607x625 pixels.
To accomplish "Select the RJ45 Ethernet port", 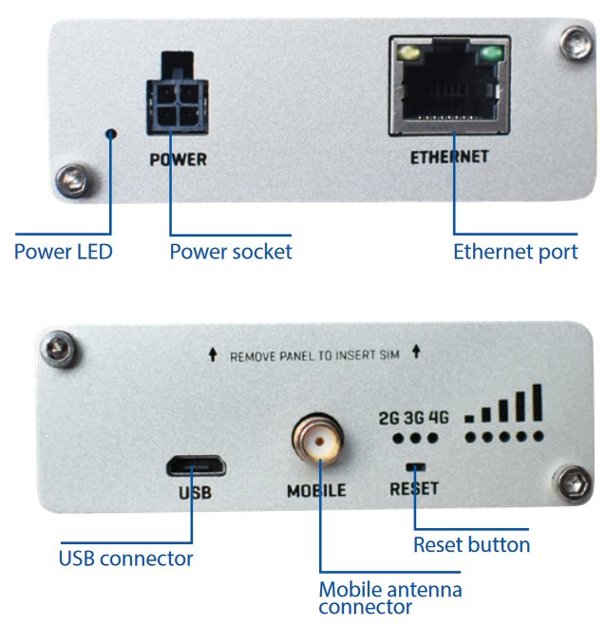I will [449, 93].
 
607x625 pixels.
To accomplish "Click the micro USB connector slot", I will [193, 466].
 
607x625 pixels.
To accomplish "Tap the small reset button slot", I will [415, 466].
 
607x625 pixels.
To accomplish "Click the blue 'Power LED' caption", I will [63, 252].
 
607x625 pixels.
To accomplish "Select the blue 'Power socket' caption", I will [231, 252].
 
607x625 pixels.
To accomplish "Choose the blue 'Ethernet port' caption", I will [515, 252].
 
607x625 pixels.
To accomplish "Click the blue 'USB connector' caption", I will [126, 558].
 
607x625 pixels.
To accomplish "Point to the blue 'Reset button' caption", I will [471, 544].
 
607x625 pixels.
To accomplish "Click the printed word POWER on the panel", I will [178, 160].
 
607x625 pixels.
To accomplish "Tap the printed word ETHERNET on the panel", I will [449, 156].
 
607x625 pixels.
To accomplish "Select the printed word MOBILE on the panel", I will [316, 492].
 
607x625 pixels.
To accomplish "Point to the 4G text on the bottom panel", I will [438, 418].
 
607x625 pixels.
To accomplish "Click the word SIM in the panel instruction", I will [392, 356].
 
